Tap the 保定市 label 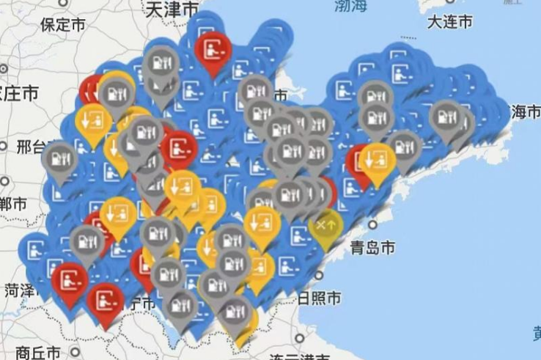tap(64, 24)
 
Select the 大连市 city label tap(449, 22)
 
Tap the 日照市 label tap(319, 298)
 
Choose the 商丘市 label tap(37, 352)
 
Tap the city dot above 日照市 tap(320, 277)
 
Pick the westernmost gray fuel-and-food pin tap(59, 157)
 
